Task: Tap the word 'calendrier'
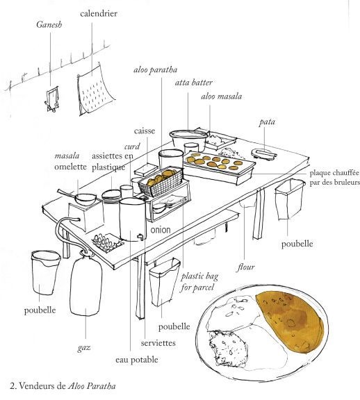pos(98,13)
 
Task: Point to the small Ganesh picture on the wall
pos(51,98)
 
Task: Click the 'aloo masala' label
pos(221,97)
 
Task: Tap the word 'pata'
pos(267,122)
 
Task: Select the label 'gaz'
pos(87,342)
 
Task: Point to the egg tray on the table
pos(108,243)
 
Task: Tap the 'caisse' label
pos(145,131)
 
